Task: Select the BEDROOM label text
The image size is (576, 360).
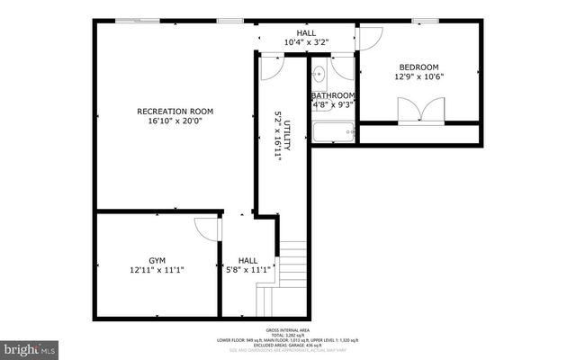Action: click(418, 67)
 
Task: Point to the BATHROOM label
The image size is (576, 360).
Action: click(333, 95)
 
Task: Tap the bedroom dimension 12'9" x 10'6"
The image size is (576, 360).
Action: click(418, 77)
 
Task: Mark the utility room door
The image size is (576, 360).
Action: click(273, 66)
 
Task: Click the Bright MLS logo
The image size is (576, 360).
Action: click(30, 346)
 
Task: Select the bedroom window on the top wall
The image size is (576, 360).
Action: click(426, 21)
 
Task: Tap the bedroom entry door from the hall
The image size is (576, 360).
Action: click(370, 38)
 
